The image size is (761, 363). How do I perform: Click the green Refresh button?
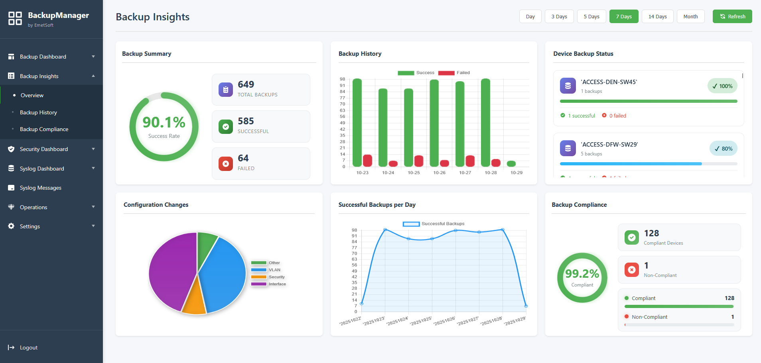(732, 16)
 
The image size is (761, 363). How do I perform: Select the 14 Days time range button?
(657, 16)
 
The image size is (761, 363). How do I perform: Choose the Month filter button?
(690, 16)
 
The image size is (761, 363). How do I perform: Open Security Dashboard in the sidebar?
(44, 149)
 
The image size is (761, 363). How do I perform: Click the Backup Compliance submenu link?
(44, 129)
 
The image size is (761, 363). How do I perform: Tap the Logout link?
(28, 347)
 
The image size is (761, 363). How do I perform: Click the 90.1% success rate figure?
(164, 122)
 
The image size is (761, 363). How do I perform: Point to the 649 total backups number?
(246, 84)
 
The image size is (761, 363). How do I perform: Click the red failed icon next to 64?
(225, 163)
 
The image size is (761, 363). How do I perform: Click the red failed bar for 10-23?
(367, 161)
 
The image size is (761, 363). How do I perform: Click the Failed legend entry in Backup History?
(454, 73)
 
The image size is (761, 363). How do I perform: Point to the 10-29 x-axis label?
(516, 173)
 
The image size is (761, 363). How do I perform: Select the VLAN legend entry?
(274, 270)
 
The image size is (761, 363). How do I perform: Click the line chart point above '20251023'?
(385, 230)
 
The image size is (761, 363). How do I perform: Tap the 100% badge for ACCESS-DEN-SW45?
(722, 86)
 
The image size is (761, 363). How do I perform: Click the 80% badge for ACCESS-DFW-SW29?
(723, 149)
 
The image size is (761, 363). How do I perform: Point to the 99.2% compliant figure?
(582, 274)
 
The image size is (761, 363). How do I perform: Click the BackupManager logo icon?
(15, 18)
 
